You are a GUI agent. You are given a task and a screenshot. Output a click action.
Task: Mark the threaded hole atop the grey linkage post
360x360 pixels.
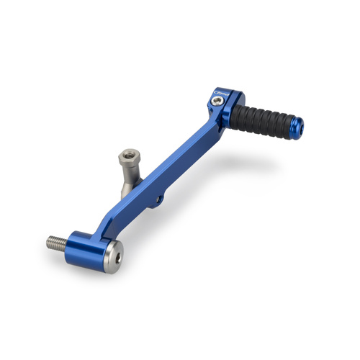[130, 153]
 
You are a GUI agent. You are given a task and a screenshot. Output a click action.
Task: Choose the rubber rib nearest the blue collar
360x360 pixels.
[241, 111]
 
